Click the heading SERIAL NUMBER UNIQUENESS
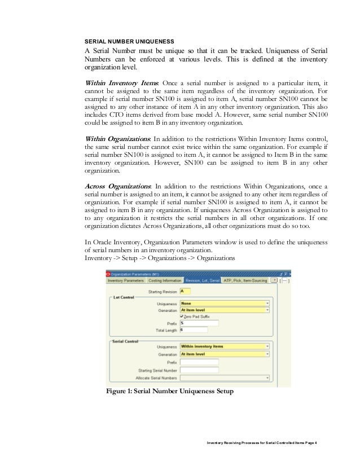point(129,41)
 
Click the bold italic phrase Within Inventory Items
point(121,83)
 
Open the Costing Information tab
point(165,280)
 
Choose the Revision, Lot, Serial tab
point(203,280)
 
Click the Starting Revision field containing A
point(185,291)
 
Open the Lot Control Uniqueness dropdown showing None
point(224,303)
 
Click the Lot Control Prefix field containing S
point(199,323)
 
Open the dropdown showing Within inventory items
point(224,347)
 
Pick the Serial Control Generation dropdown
point(224,354)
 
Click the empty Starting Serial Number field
point(199,370)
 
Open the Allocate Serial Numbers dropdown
point(224,377)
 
